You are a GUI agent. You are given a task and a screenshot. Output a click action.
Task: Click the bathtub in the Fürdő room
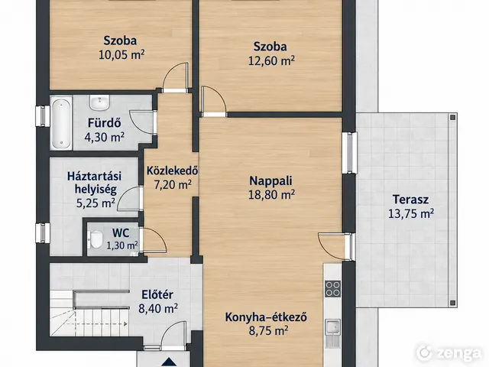[61, 122]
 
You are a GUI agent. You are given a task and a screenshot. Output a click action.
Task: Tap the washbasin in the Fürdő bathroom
[99, 102]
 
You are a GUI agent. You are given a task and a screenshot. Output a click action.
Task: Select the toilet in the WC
[96, 239]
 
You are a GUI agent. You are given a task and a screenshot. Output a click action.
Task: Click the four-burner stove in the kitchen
[333, 289]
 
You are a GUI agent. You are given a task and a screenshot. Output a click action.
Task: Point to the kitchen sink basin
[333, 327]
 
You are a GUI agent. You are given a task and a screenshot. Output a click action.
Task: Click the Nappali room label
[270, 180]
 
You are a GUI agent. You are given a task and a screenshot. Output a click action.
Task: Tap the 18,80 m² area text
[271, 195]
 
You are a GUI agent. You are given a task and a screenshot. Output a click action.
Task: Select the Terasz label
[410, 199]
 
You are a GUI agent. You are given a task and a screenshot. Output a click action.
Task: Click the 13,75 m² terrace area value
[411, 213]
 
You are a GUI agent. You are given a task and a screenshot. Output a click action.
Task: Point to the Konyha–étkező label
[266, 317]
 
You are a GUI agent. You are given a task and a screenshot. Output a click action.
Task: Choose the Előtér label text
[157, 294]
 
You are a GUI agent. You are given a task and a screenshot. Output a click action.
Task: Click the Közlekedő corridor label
[172, 171]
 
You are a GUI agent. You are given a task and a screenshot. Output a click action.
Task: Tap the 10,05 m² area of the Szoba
[121, 55]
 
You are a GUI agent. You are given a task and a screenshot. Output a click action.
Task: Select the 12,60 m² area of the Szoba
[271, 60]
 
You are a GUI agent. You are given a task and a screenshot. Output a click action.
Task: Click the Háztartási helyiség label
[95, 183]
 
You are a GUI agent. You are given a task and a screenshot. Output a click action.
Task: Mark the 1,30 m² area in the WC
[122, 245]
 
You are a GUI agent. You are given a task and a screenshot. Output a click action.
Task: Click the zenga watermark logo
[449, 352]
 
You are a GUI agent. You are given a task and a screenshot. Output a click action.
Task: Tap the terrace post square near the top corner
[452, 118]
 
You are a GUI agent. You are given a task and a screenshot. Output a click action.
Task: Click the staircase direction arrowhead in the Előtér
[125, 324]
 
